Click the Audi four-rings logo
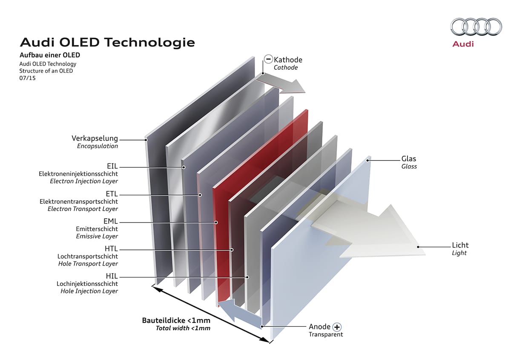point(476,27)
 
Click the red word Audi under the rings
point(463,44)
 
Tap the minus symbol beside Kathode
point(268,59)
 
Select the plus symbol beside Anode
point(337,327)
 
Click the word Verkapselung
point(95,138)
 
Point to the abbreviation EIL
point(112,166)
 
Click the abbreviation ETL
point(112,194)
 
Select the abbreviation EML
point(111,221)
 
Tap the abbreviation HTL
point(111,249)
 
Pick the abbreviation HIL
point(112,276)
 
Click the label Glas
point(408,159)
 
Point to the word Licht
point(460,245)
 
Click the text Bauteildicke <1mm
point(176,320)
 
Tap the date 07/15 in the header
point(27,78)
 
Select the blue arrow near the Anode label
point(239,314)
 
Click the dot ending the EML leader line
point(216,222)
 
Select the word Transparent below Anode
point(326,334)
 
